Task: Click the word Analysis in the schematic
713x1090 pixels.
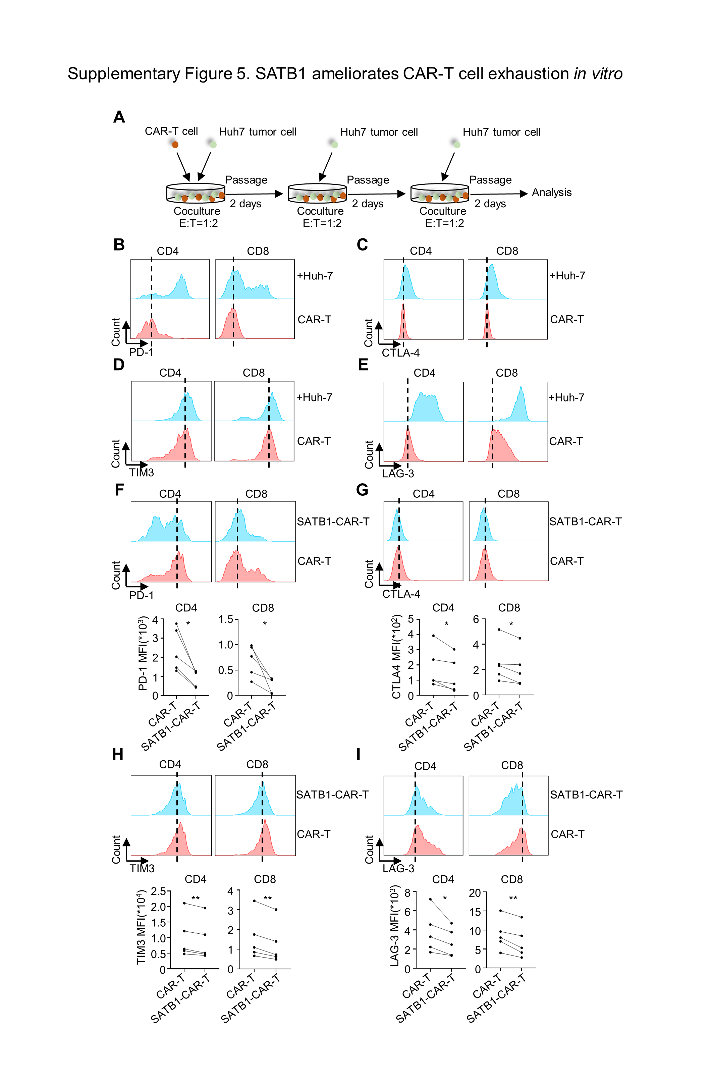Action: coord(551,193)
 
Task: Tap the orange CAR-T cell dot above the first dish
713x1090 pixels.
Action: coord(175,145)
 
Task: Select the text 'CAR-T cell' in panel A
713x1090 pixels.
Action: coord(171,131)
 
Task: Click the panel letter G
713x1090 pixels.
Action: coord(362,490)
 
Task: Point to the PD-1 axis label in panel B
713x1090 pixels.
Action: coord(141,352)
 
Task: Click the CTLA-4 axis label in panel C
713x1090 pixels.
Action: coord(401,352)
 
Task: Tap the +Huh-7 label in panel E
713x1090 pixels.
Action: coord(566,397)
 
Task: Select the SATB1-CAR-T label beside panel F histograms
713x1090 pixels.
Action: coord(333,522)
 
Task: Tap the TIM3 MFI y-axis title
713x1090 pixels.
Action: coord(141,927)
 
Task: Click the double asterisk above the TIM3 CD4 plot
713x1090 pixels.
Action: coord(196,898)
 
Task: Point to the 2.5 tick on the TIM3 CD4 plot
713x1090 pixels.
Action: coord(158,891)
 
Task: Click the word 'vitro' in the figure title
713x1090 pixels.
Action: coord(605,74)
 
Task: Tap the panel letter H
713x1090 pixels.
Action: coord(118,754)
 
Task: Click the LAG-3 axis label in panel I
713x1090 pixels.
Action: coord(398,868)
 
